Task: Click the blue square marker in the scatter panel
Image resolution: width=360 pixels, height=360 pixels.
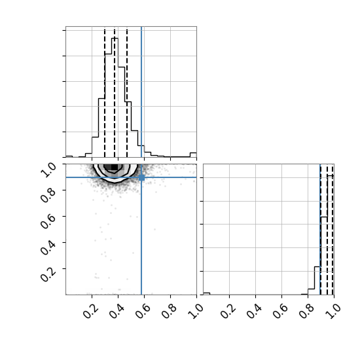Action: click(x=141, y=177)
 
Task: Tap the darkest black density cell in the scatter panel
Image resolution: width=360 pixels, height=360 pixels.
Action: click(x=115, y=167)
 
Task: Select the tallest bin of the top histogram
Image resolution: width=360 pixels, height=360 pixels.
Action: click(x=115, y=98)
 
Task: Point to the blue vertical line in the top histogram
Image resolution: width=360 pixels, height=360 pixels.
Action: click(x=141, y=92)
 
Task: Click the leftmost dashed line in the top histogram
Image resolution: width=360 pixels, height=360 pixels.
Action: click(x=105, y=92)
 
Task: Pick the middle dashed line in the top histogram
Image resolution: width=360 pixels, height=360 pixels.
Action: click(x=115, y=92)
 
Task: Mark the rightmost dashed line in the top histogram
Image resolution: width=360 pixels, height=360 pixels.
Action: click(x=127, y=92)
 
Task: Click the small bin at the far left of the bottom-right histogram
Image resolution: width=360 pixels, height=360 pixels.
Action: click(x=207, y=294)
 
